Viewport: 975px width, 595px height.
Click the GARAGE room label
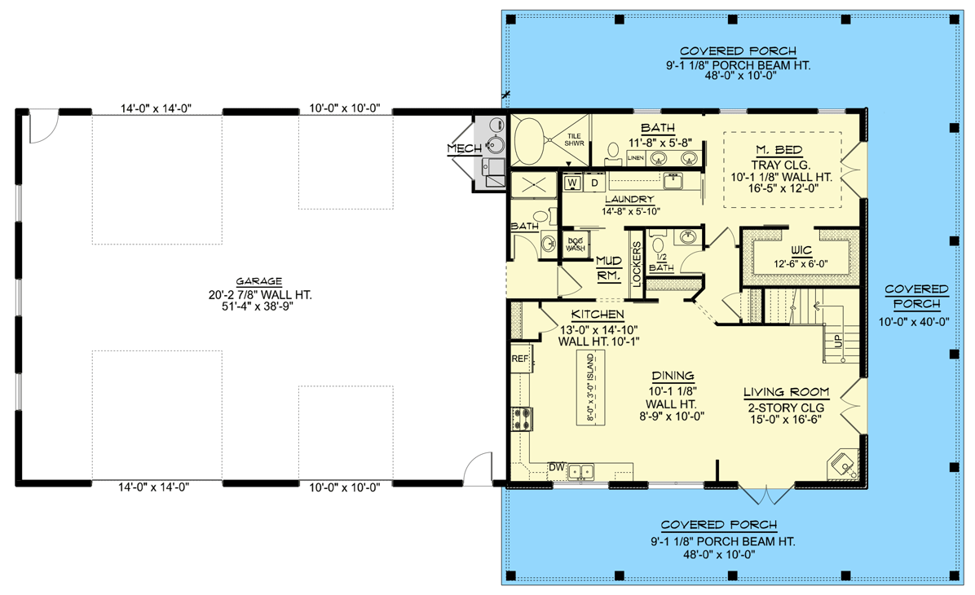pyautogui.click(x=258, y=282)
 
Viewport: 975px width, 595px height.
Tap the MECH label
pyautogui.click(x=465, y=148)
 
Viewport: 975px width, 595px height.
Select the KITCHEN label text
pyautogui.click(x=598, y=315)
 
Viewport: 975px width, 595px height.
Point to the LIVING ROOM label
pyautogui.click(x=787, y=392)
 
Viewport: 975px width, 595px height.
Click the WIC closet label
pyautogui.click(x=801, y=250)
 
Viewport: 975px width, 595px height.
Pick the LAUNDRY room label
pyautogui.click(x=629, y=200)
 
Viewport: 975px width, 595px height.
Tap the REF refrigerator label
pyautogui.click(x=520, y=359)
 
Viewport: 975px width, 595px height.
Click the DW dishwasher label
pyautogui.click(x=556, y=467)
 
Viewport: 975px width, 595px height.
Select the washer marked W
pyautogui.click(x=572, y=183)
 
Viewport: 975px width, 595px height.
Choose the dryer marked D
pyautogui.click(x=594, y=183)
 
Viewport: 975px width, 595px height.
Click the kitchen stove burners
pyautogui.click(x=522, y=418)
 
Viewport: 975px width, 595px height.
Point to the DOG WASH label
pyautogui.click(x=576, y=245)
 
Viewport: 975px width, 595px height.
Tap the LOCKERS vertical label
pyautogui.click(x=637, y=263)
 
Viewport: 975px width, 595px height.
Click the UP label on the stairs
pyautogui.click(x=838, y=341)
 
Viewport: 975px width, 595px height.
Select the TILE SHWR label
pyautogui.click(x=574, y=140)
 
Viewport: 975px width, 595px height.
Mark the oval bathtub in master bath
pyautogui.click(x=528, y=141)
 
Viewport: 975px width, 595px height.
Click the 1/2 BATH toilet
pyautogui.click(x=658, y=245)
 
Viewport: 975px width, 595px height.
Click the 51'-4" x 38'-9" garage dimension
pyautogui.click(x=258, y=306)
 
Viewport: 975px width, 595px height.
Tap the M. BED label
pyautogui.click(x=779, y=150)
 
